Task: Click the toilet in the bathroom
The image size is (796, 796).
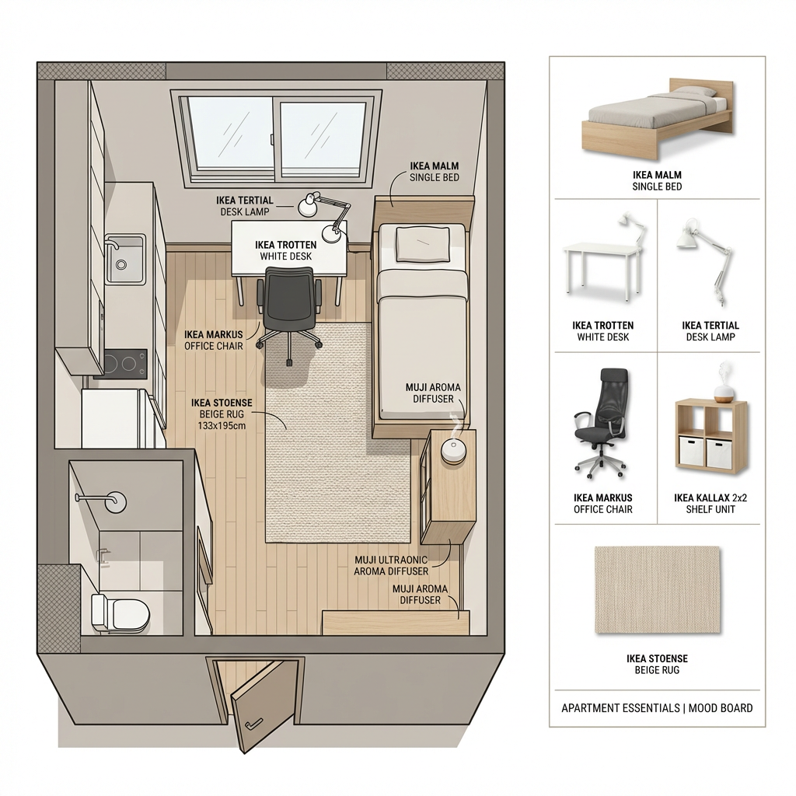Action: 120,613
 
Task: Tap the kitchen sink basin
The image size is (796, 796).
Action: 125,259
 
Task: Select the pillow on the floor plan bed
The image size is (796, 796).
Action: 422,244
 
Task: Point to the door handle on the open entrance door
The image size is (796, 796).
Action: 253,724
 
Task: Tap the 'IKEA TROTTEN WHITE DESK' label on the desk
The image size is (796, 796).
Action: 286,251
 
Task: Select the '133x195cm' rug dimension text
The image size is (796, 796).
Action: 222,425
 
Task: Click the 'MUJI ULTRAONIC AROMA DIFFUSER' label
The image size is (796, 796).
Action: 391,566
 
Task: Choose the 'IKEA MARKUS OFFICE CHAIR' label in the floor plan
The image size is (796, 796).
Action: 214,340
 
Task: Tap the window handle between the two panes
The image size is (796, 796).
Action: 272,139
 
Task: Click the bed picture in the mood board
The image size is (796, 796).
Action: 658,118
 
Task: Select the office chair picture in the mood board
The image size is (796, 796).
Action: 602,424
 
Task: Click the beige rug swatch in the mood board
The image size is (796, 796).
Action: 658,590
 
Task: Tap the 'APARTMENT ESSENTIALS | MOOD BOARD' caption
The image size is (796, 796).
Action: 657,707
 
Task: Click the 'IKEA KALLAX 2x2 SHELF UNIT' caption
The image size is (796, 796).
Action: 710,504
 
